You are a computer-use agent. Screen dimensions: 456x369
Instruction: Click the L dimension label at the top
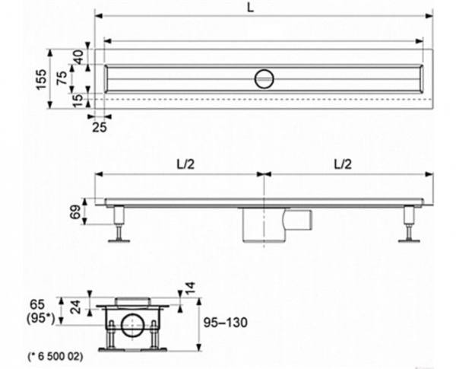tap(250, 8)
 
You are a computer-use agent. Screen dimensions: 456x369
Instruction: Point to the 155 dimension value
tap(41, 80)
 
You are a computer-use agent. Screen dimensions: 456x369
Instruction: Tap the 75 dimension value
tap(62, 78)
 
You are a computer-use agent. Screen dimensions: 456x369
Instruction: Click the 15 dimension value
tap(78, 100)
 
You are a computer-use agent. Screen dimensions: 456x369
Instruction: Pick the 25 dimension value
tap(100, 127)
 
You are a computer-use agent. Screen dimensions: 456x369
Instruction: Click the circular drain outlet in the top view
tap(264, 78)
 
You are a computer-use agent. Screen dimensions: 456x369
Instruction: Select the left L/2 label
tap(185, 164)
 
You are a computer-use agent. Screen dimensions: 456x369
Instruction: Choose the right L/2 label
tap(343, 164)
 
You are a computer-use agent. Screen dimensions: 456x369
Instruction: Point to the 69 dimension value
tap(74, 212)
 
